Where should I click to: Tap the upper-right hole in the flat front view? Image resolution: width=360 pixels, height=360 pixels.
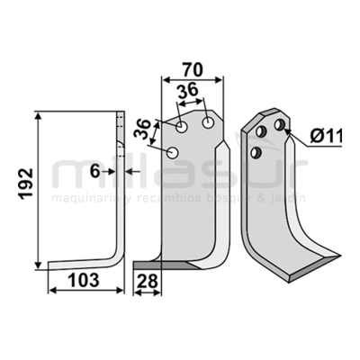coord(209,121)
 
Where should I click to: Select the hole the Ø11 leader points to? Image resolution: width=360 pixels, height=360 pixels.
coord(280,125)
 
